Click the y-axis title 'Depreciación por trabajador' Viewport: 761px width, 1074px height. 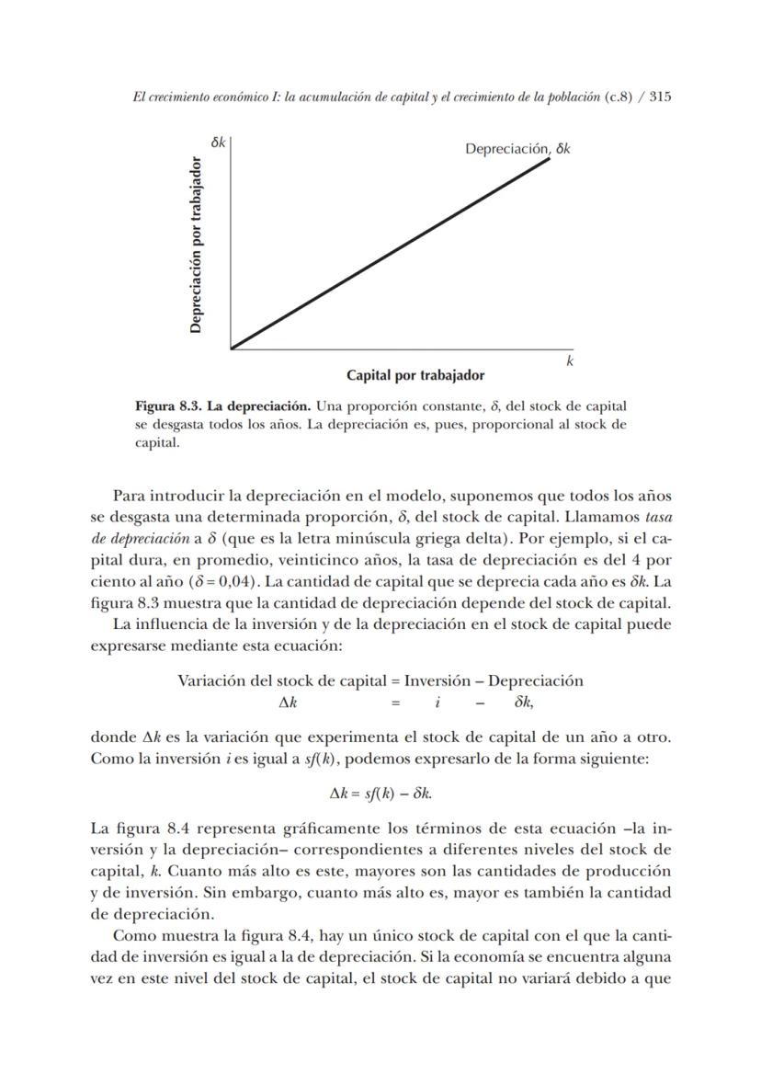196,246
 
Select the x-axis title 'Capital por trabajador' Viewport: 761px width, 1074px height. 415,375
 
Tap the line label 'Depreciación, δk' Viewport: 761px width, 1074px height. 517,149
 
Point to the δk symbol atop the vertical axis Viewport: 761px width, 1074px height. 218,143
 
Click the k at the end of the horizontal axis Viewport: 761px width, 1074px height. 570,361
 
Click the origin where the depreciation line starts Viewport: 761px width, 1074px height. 232,348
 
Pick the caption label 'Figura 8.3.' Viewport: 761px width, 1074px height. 166,406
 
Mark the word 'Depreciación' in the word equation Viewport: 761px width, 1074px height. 536,680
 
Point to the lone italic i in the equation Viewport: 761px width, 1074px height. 437,703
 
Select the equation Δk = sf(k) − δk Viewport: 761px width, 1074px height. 380,792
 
